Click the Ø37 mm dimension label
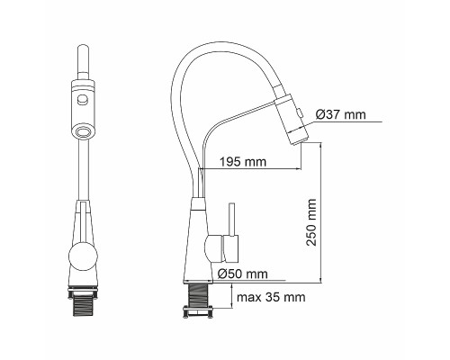[341, 114]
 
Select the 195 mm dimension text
[243, 162]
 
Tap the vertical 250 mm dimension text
[311, 222]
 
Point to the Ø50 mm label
[242, 274]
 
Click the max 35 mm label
[271, 297]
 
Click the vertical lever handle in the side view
[231, 220]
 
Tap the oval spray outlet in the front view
[84, 131]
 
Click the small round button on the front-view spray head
[82, 98]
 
